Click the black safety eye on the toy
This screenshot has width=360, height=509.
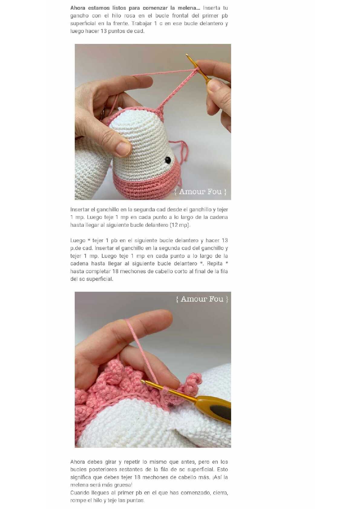pos(168,160)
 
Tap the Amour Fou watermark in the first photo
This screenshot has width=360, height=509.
pos(200,192)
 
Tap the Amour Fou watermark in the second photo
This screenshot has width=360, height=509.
pos(202,299)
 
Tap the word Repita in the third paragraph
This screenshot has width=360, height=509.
pos(215,264)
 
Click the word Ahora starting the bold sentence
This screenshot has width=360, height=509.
pos(78,8)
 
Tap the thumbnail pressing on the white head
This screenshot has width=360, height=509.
pos(123,148)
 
